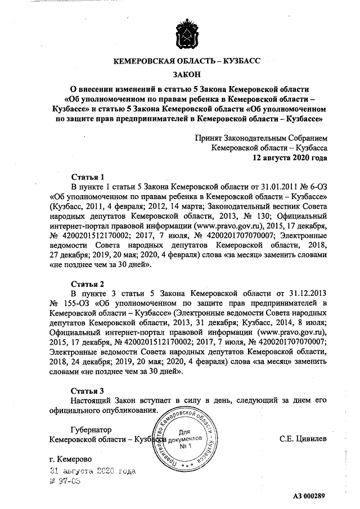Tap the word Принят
point(208,137)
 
